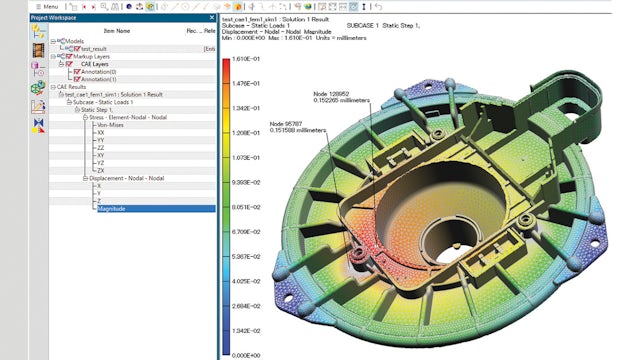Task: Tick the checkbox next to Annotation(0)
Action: pyautogui.click(x=76, y=71)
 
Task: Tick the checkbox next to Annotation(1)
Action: pyautogui.click(x=76, y=79)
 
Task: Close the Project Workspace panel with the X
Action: pyautogui.click(x=211, y=18)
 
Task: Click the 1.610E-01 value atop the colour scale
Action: pyautogui.click(x=248, y=59)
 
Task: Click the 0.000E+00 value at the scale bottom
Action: pyautogui.click(x=248, y=354)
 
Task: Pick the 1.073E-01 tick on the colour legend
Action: pyautogui.click(x=248, y=157)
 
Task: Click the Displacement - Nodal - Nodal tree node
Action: pyautogui.click(x=127, y=178)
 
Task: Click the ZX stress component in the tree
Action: pyautogui.click(x=100, y=170)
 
